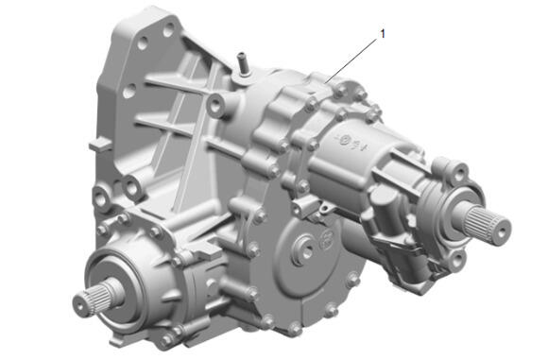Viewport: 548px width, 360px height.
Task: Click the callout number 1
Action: [x=383, y=34]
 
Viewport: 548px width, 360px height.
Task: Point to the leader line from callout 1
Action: [x=351, y=60]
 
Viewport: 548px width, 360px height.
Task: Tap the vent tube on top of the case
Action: [x=242, y=64]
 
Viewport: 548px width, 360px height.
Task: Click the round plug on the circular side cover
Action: [x=303, y=248]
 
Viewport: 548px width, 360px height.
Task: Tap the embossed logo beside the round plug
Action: [x=326, y=239]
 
